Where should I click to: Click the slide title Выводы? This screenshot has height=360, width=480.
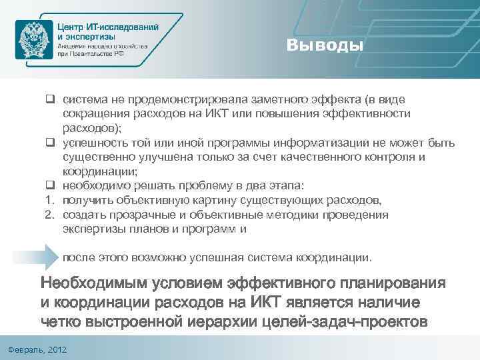[326, 46]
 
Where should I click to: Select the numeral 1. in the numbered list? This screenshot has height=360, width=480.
[49, 201]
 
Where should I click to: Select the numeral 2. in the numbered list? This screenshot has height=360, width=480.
[49, 215]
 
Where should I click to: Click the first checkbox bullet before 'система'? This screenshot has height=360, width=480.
[49, 100]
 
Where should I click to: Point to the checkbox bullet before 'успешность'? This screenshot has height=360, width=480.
[49, 143]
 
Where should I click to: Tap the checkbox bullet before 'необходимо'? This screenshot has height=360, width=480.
[49, 186]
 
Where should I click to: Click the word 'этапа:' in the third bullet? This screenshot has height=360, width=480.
[285, 186]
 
